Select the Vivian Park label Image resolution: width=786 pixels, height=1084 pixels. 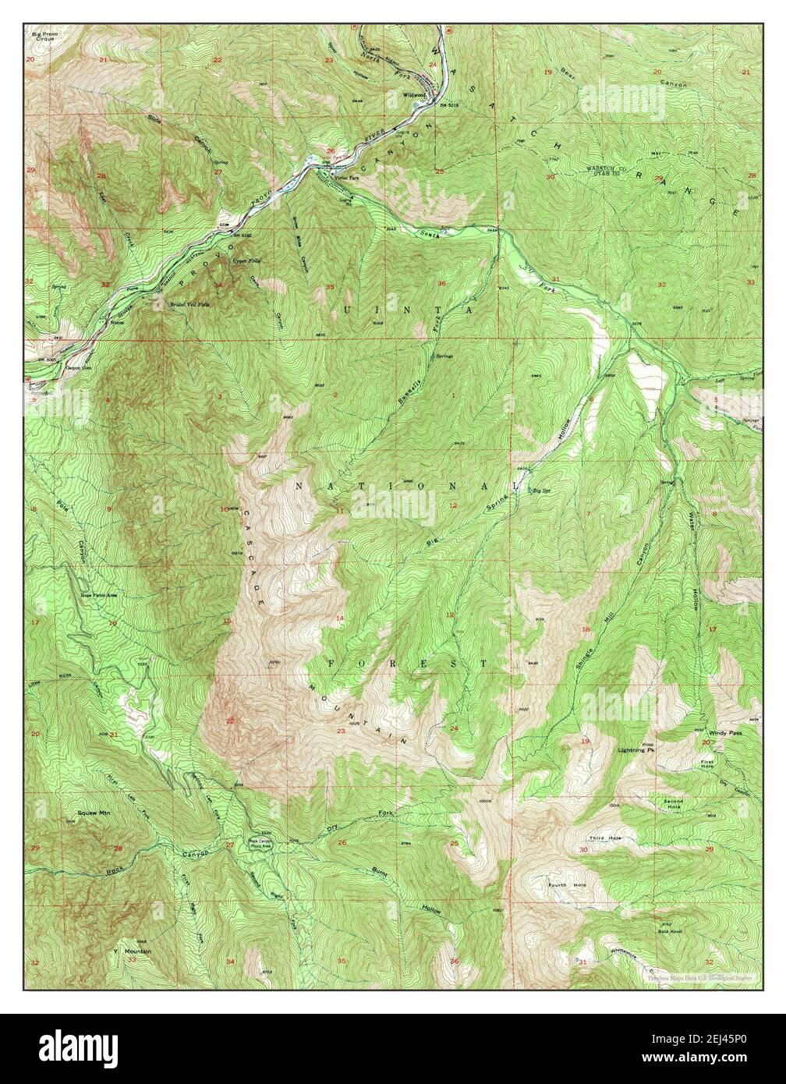(347, 179)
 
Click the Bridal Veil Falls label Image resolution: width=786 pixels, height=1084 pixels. (189, 304)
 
